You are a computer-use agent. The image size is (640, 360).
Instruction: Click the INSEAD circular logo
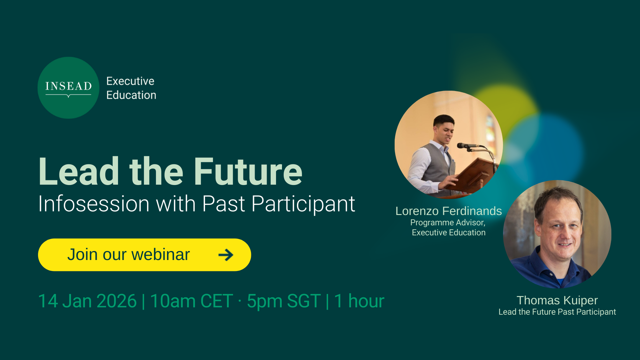pyautogui.click(x=68, y=88)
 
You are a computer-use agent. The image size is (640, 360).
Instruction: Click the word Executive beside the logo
pyautogui.click(x=130, y=81)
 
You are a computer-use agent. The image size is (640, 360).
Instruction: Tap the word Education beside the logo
pyautogui.click(x=131, y=95)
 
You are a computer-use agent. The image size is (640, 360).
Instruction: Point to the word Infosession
pyautogui.click(x=94, y=204)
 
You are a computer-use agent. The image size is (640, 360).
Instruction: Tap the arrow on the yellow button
pyautogui.click(x=226, y=255)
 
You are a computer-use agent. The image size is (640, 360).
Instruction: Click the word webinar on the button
pyautogui.click(x=161, y=255)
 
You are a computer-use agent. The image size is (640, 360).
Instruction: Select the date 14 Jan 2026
pyautogui.click(x=87, y=301)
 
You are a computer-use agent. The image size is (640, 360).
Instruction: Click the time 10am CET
pyautogui.click(x=192, y=301)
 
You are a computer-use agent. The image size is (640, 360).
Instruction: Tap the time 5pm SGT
pyautogui.click(x=284, y=301)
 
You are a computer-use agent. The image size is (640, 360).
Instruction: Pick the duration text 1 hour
pyautogui.click(x=359, y=301)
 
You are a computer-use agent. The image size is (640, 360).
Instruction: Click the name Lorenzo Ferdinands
pyautogui.click(x=449, y=211)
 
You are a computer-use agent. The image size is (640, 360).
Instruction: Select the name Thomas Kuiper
pyautogui.click(x=557, y=300)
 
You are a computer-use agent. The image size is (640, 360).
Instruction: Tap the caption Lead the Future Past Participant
pyautogui.click(x=557, y=312)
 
